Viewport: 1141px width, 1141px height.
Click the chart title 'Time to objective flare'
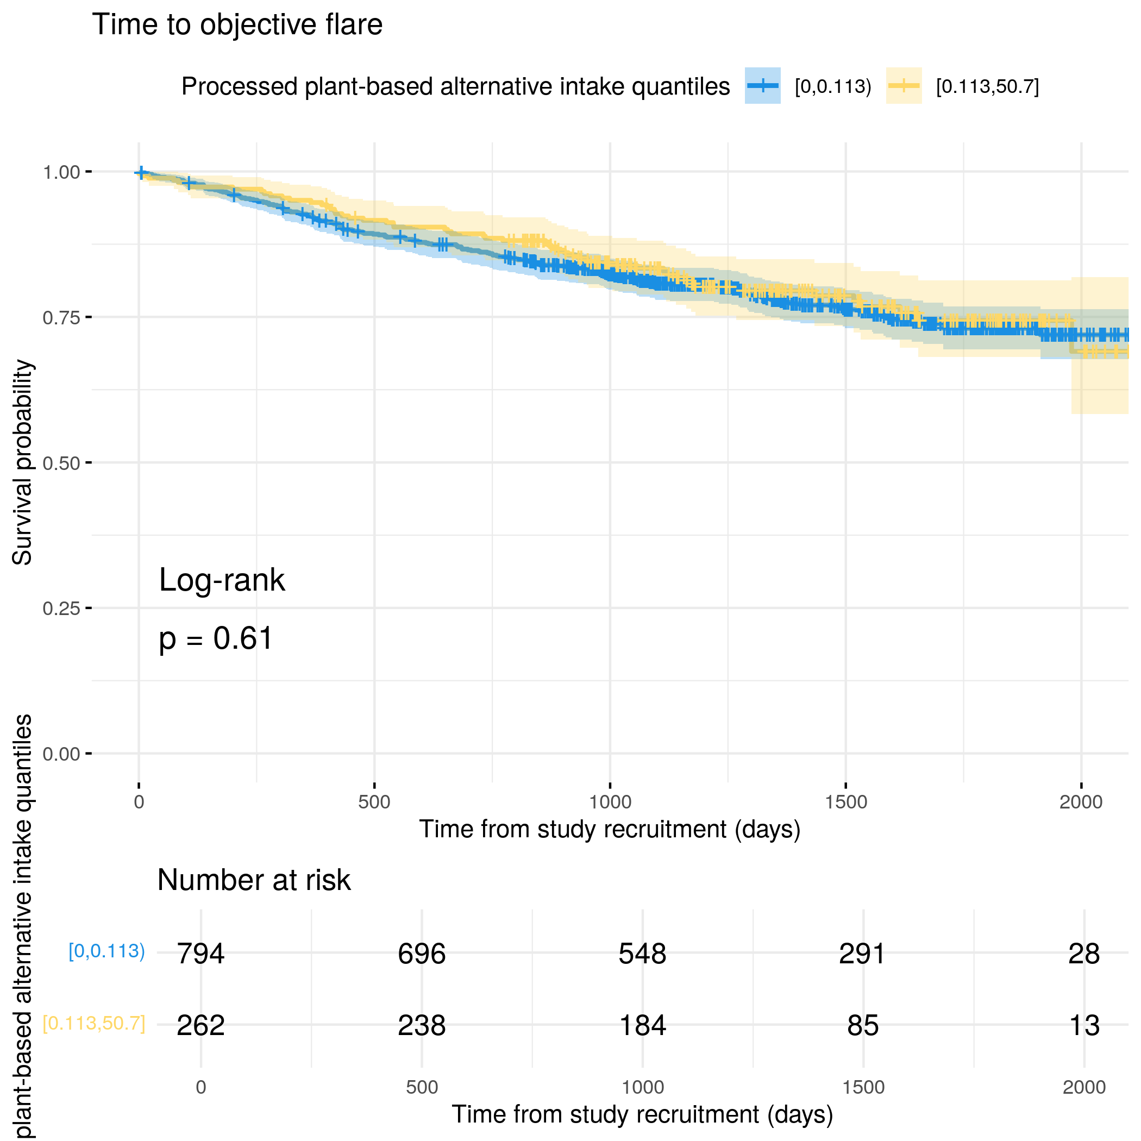237,26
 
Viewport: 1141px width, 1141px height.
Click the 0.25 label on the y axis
61,609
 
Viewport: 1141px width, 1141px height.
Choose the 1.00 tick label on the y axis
61,172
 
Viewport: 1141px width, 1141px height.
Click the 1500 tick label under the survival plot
846,802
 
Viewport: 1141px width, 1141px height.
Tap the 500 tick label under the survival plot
374,802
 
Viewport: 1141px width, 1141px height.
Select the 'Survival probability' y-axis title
22,462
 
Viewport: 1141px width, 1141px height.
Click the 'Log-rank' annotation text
222,580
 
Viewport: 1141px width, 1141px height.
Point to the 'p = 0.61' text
216,638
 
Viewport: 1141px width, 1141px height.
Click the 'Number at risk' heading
254,880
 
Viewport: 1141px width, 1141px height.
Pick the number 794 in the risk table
201,954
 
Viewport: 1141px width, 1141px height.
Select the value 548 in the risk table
643,954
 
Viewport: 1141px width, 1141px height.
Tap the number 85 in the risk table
863,1026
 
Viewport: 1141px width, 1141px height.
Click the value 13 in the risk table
1084,1026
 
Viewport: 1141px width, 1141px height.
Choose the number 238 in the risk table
422,1026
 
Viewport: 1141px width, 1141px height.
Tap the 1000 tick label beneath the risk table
643,1087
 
